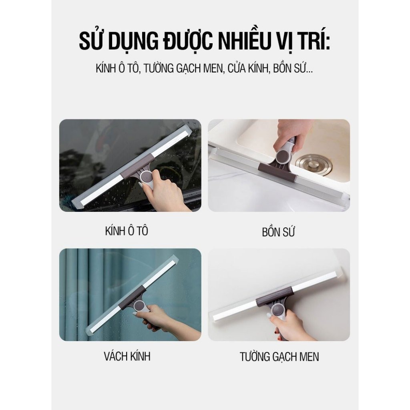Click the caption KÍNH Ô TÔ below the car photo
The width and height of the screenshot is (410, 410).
127,231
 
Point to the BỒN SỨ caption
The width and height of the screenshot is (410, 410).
279,232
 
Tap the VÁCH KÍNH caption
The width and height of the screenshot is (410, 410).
127,356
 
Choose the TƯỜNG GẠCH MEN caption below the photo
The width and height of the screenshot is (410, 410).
279,357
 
